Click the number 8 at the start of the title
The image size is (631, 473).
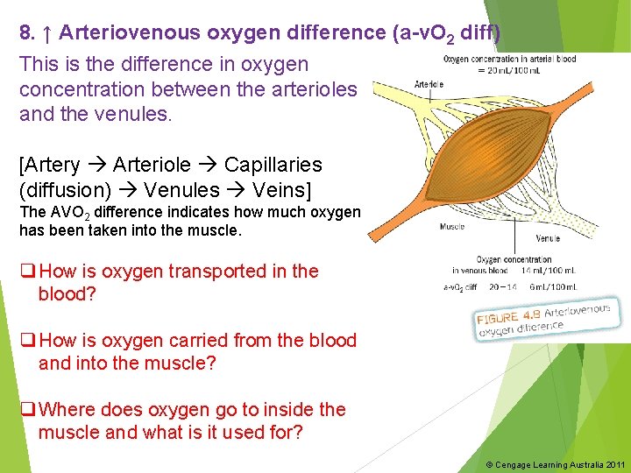point(25,33)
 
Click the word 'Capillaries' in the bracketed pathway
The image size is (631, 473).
point(273,165)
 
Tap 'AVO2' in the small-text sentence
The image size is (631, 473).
point(70,213)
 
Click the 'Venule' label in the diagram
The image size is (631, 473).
point(548,238)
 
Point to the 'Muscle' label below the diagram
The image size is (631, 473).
point(452,227)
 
